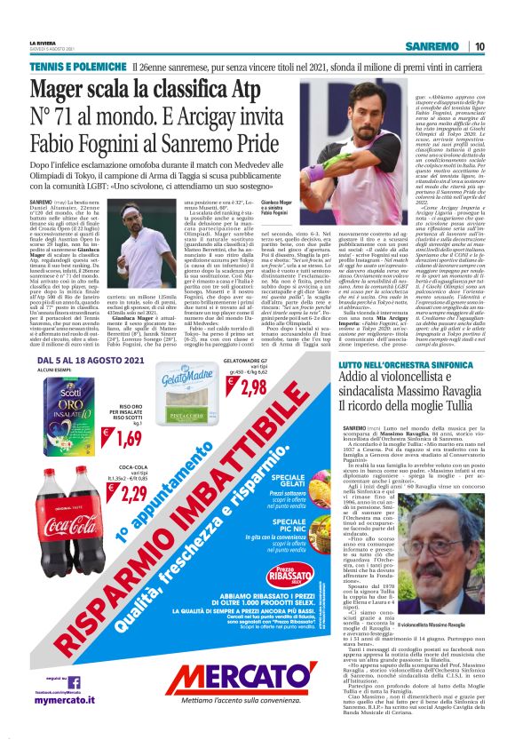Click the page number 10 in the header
point(479,45)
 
